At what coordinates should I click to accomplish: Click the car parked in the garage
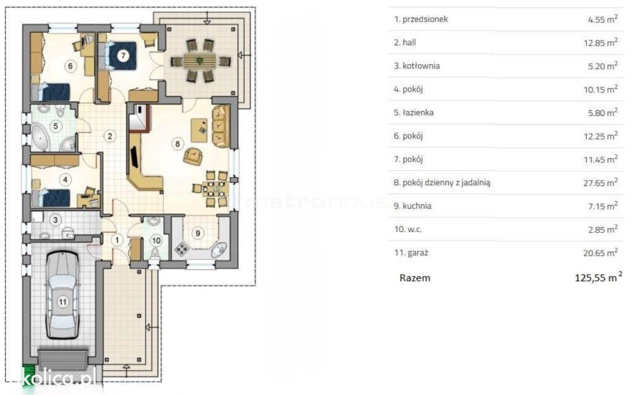(x=62, y=294)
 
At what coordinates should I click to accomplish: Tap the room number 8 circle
(x=177, y=143)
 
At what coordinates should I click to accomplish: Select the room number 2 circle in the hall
(x=110, y=136)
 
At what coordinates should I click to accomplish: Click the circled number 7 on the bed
(x=123, y=55)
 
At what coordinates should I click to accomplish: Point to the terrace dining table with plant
(x=200, y=61)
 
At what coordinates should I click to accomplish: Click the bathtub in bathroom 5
(x=40, y=137)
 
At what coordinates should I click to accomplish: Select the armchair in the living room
(x=193, y=156)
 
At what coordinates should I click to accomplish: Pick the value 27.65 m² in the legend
(x=600, y=183)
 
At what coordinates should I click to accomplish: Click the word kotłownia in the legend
(x=421, y=65)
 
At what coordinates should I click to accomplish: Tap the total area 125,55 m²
(x=598, y=277)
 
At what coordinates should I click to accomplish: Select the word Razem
(x=415, y=278)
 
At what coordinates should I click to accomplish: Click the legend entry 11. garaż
(x=411, y=252)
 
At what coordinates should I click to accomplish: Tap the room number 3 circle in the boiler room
(x=56, y=220)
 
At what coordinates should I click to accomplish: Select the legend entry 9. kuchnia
(x=412, y=206)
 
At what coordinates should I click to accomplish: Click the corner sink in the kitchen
(x=218, y=250)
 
